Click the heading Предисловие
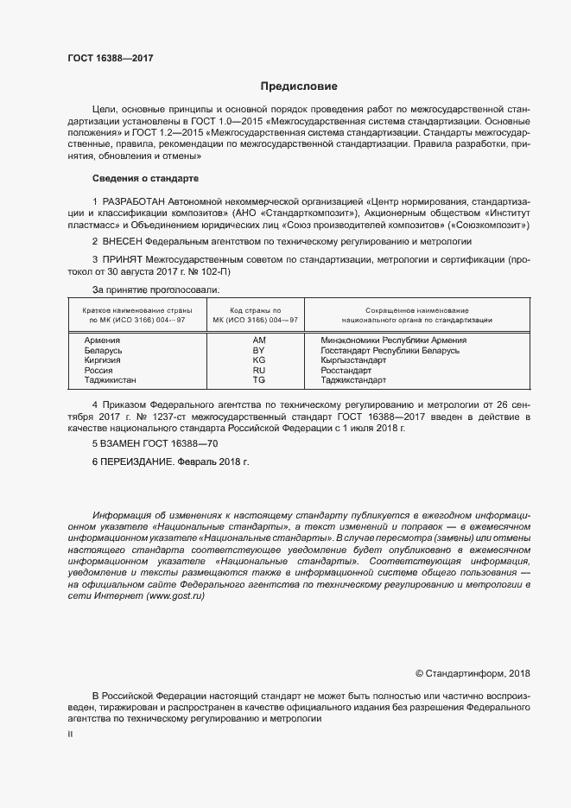click(300, 86)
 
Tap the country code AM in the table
click(258, 340)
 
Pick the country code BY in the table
click(258, 350)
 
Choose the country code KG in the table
click(258, 359)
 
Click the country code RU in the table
click(258, 370)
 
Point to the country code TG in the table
click(258, 379)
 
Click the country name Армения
click(102, 340)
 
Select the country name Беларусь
click(104, 350)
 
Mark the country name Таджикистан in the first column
click(111, 379)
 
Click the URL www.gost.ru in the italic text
click(175, 598)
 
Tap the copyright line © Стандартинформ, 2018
click(473, 673)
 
